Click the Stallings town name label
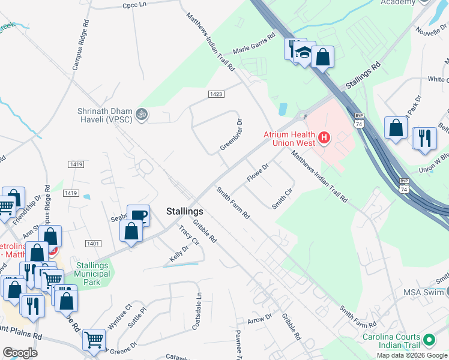pyautogui.click(x=184, y=212)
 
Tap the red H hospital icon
pyautogui.click(x=324, y=139)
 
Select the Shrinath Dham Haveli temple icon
pyautogui.click(x=142, y=113)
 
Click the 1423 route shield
pyautogui.click(x=217, y=94)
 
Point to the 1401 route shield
pyautogui.click(x=93, y=243)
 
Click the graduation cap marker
pyautogui.click(x=305, y=52)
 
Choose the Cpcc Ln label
pyautogui.click(x=134, y=5)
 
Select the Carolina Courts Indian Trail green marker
pyautogui.click(x=429, y=340)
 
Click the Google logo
pyautogui.click(x=20, y=352)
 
